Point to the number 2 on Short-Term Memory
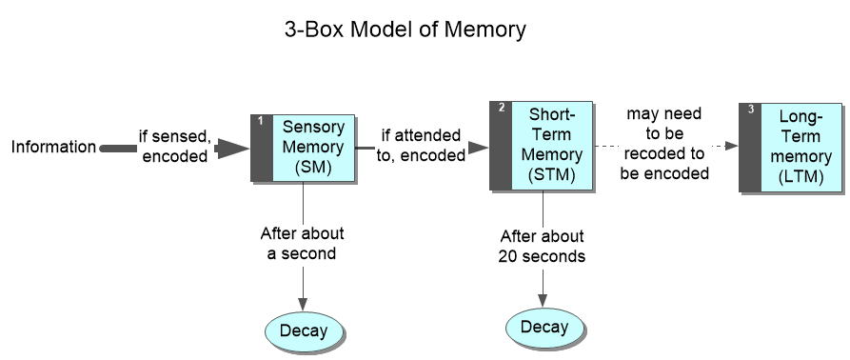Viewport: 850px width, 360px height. point(501,109)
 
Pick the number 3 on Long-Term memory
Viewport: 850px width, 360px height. point(750,110)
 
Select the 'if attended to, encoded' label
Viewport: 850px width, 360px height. point(420,146)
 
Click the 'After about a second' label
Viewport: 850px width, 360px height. point(303,243)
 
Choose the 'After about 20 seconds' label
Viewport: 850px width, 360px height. point(542,246)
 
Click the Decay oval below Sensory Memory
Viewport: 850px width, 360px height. point(303,330)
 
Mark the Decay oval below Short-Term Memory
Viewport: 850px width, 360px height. point(544,327)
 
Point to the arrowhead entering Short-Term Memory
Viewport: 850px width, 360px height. point(481,148)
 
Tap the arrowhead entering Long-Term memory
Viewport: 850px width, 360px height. point(731,146)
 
